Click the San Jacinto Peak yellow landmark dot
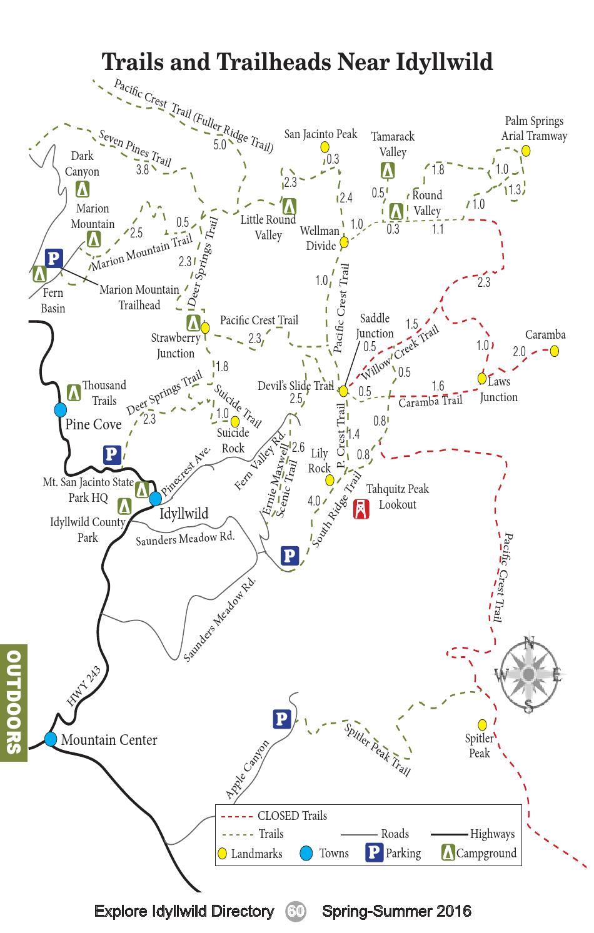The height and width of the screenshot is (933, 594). [x=325, y=147]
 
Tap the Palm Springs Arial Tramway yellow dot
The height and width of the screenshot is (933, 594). [x=526, y=151]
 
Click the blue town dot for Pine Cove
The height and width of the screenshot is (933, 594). [x=61, y=409]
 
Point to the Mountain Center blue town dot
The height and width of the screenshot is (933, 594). [x=51, y=739]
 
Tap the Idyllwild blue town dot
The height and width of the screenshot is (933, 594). [x=155, y=498]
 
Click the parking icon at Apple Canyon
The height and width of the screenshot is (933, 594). [x=282, y=719]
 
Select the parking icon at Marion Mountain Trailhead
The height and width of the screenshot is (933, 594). [x=54, y=257]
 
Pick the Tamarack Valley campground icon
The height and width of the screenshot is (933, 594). [x=388, y=170]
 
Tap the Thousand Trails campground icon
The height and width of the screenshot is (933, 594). [x=74, y=392]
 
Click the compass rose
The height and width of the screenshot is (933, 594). [x=529, y=674]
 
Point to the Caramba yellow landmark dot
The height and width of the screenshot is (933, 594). [x=554, y=351]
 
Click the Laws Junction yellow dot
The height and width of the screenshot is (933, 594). [x=482, y=378]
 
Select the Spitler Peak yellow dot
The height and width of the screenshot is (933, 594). [x=482, y=724]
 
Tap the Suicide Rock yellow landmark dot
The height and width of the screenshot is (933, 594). [x=235, y=421]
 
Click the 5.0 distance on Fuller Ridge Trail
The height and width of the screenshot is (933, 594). [x=219, y=145]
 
